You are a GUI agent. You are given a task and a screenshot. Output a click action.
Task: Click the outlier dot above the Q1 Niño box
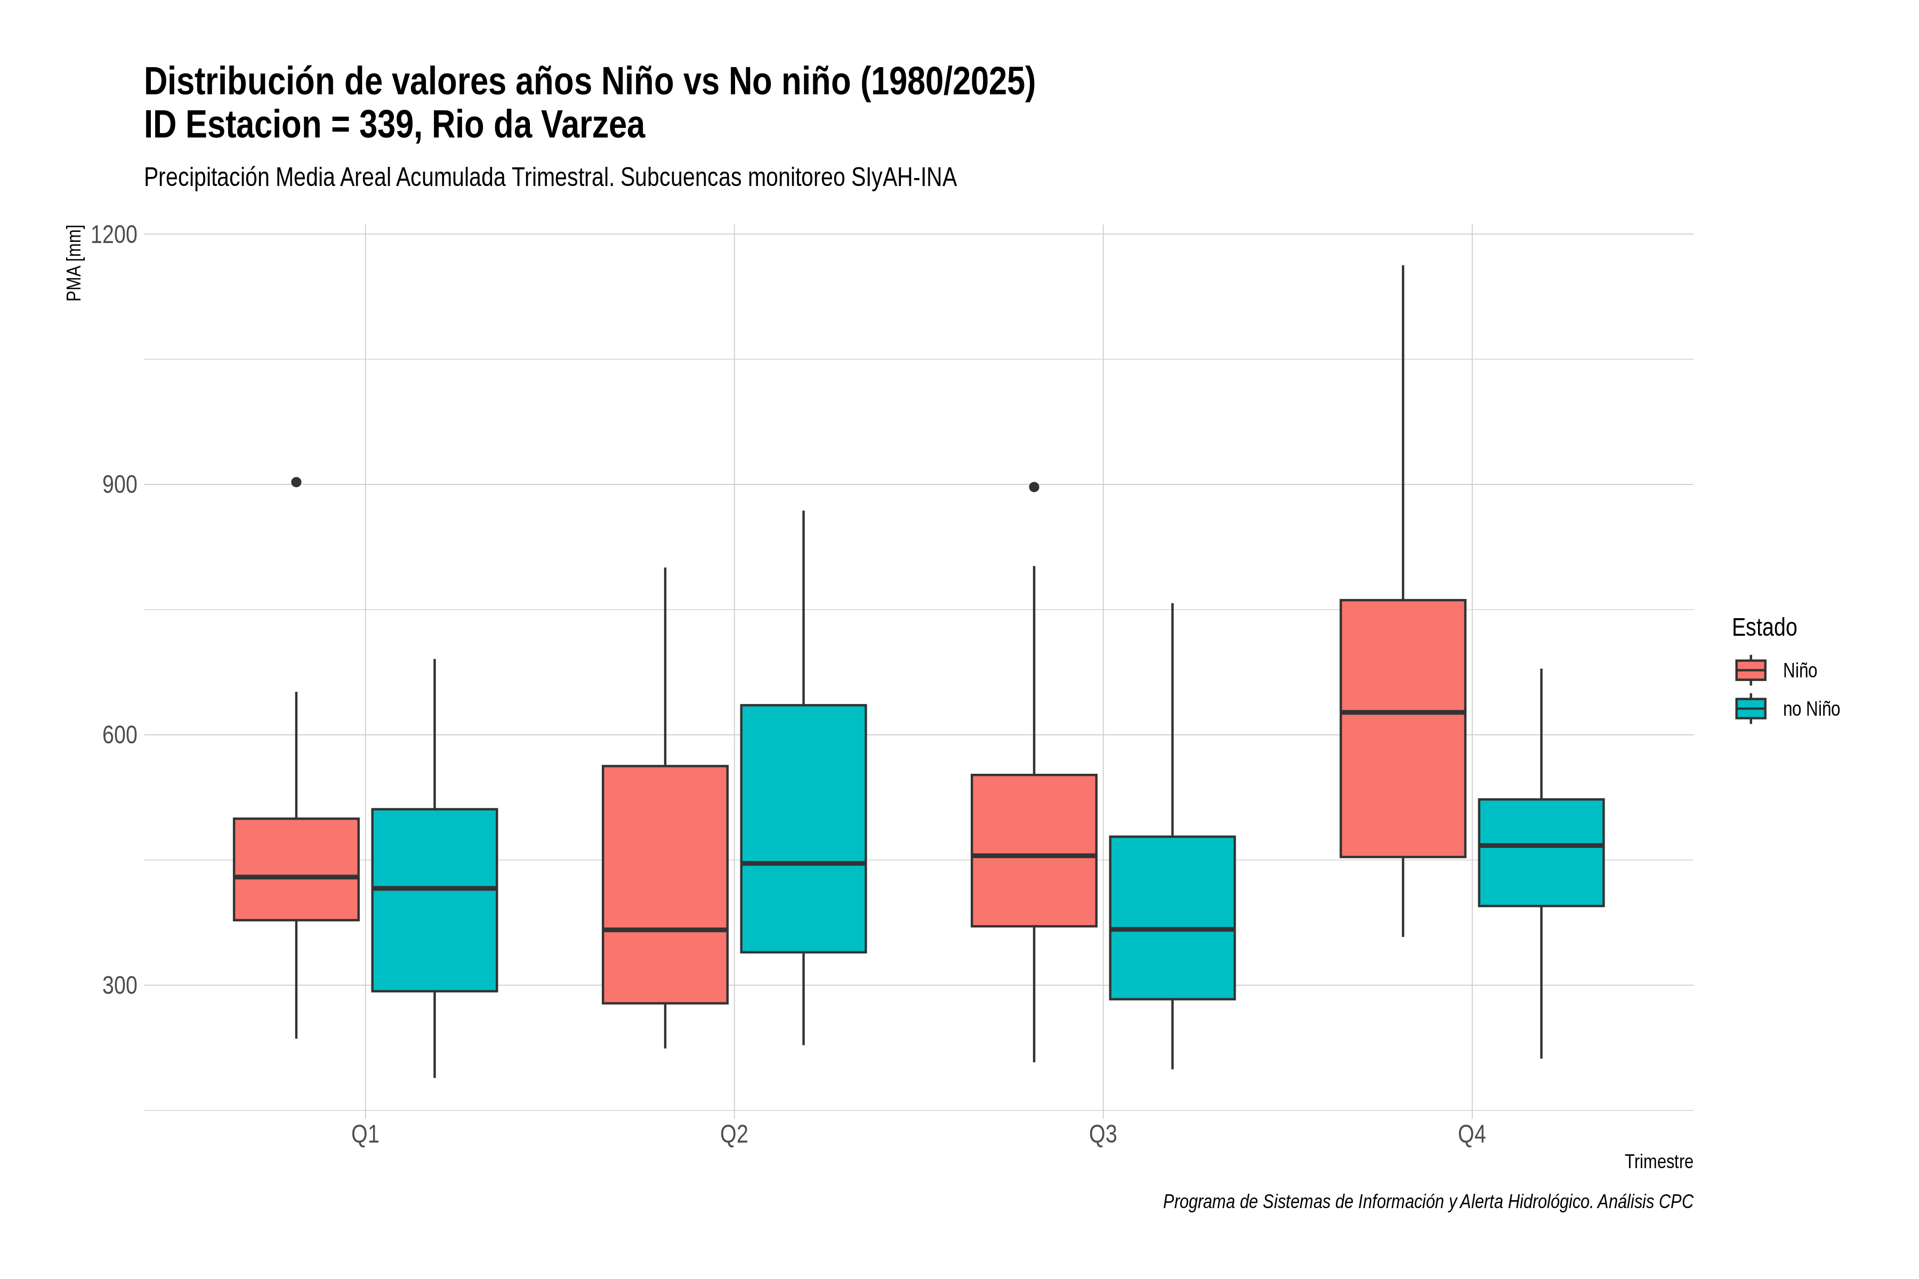296,482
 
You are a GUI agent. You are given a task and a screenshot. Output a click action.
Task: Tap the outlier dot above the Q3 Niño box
1034,487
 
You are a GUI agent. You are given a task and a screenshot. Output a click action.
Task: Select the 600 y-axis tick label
120,735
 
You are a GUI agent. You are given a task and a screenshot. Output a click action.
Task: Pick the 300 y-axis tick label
120,985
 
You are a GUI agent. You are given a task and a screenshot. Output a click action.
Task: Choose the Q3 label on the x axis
1102,1135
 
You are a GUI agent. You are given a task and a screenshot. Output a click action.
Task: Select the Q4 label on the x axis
1472,1135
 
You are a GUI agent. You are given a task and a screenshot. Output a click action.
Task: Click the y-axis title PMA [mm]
74,263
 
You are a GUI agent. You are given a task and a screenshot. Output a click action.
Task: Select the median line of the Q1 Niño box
296,877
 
